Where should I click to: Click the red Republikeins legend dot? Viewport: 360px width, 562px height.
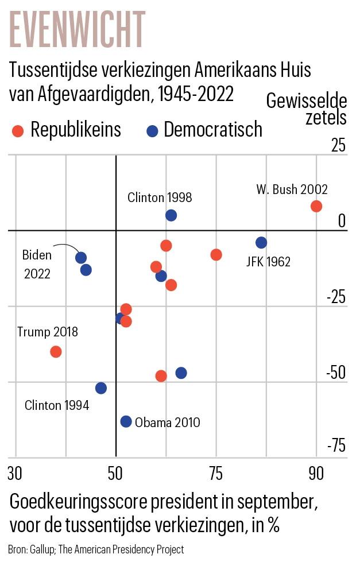click(18, 131)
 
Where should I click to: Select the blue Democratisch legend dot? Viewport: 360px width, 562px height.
click(152, 131)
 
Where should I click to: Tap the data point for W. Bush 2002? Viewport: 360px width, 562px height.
click(316, 206)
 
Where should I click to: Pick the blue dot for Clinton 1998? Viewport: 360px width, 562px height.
click(171, 215)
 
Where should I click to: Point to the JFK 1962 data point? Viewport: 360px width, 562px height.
click(261, 242)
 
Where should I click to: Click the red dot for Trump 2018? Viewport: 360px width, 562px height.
click(56, 352)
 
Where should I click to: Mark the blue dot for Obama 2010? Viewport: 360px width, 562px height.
click(126, 421)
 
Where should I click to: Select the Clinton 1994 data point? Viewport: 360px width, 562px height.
click(101, 388)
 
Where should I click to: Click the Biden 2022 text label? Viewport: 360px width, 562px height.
click(37, 264)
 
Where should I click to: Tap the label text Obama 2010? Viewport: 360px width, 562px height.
click(167, 423)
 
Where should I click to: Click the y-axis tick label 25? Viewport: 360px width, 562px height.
click(339, 146)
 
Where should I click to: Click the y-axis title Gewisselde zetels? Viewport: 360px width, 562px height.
click(307, 109)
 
